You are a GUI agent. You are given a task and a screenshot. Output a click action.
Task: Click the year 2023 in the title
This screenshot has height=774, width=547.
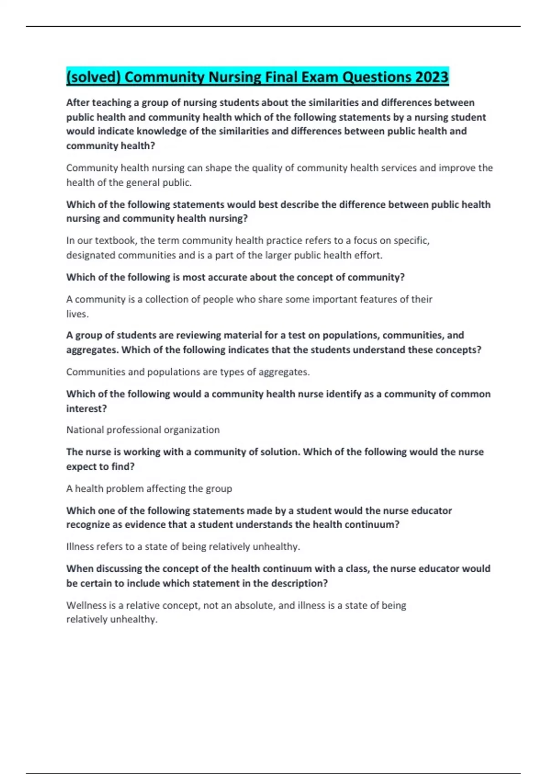point(431,76)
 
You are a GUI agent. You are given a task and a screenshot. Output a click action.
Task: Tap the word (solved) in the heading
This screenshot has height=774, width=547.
point(93,77)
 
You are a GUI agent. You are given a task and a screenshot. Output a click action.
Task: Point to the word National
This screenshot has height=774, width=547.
point(85,430)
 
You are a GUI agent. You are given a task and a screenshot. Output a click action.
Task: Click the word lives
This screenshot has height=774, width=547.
point(77,314)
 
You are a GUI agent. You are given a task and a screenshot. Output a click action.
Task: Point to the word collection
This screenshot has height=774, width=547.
point(166,300)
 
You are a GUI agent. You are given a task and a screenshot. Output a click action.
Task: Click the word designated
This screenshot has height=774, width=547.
point(91,255)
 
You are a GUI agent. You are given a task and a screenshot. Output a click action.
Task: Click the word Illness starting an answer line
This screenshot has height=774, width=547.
point(80,547)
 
